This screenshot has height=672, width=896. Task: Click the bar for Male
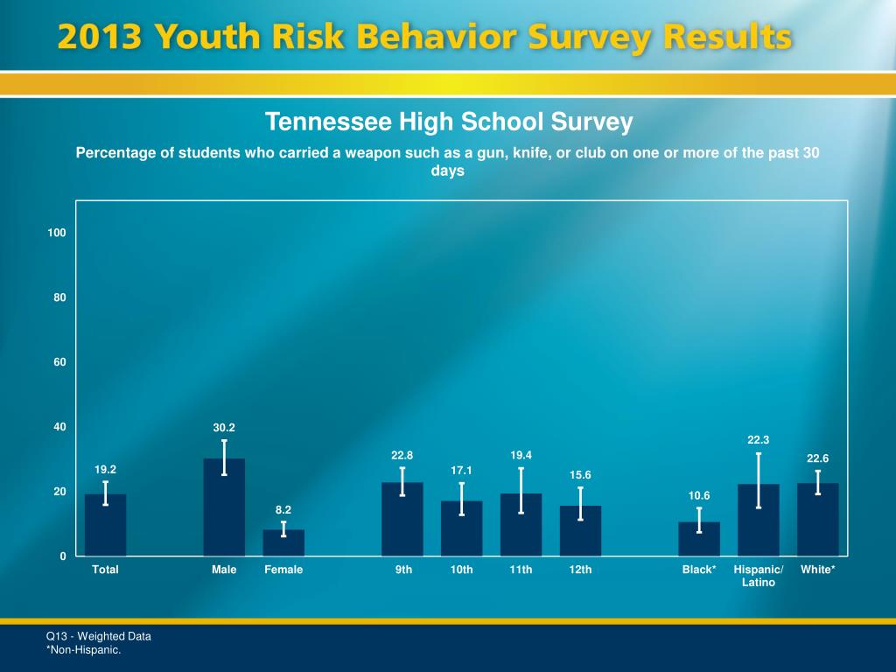(224, 507)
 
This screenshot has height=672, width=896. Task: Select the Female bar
(283, 542)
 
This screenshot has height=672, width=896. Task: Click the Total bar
(105, 525)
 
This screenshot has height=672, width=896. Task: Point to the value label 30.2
(224, 428)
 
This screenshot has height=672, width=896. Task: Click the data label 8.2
(283, 509)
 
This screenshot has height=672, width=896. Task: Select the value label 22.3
(758, 440)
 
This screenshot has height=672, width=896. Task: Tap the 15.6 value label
(580, 475)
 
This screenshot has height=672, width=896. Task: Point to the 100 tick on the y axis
(57, 233)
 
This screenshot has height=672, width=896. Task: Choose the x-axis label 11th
(521, 570)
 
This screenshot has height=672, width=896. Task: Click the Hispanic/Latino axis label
(758, 576)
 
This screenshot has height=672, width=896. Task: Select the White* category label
(817, 570)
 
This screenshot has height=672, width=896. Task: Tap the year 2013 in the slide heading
(100, 38)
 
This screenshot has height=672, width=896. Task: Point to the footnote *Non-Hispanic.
(83, 650)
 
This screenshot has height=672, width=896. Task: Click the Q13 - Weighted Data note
(98, 636)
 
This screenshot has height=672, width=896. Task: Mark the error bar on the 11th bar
(521, 490)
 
